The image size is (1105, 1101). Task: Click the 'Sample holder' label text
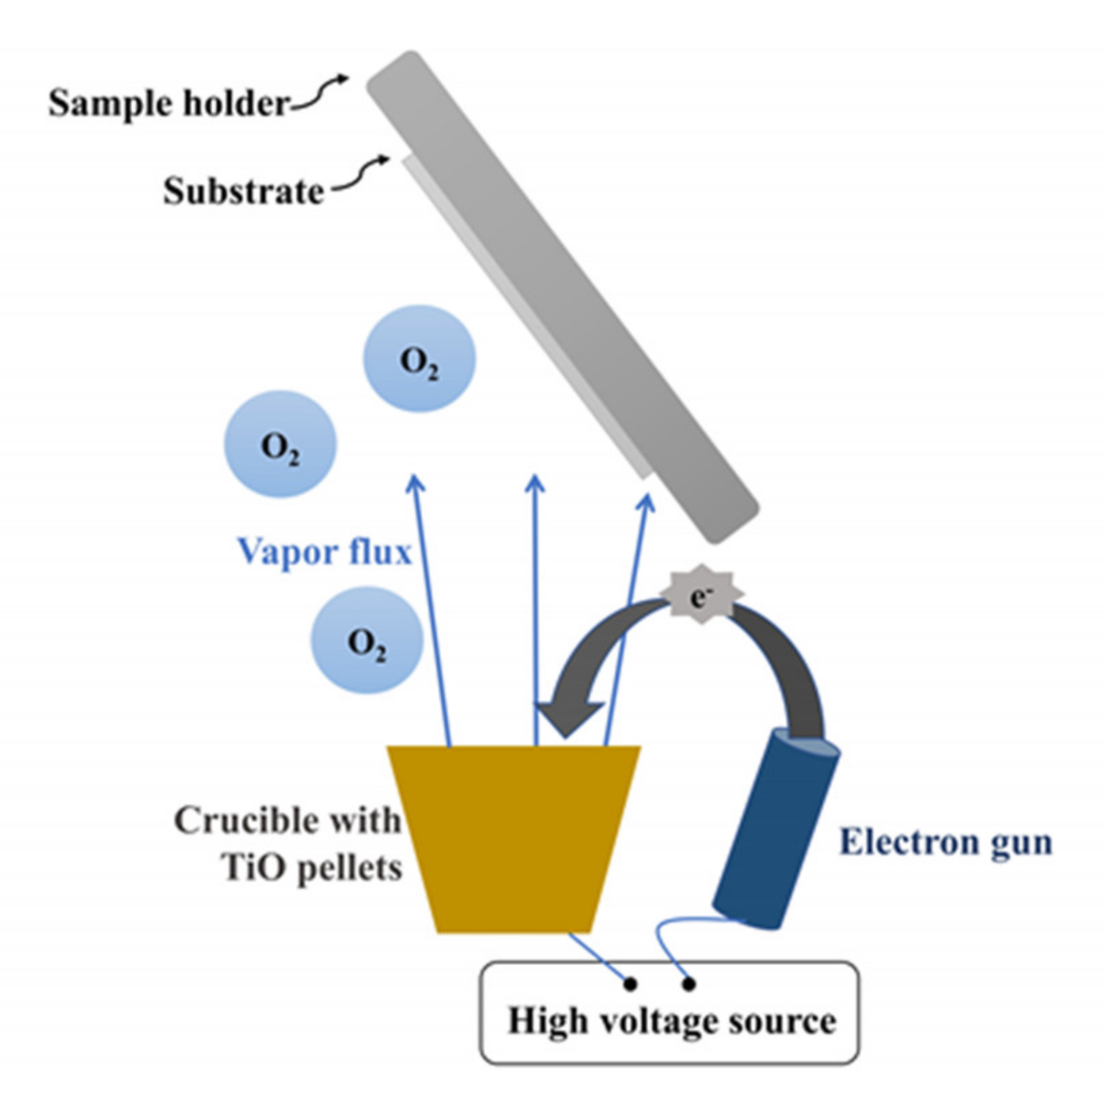[x=169, y=104]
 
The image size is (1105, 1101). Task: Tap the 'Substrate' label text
[x=243, y=191]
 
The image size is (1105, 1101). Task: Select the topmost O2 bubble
[x=419, y=359]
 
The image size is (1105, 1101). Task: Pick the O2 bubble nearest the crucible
[x=367, y=640]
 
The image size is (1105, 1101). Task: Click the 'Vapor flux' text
[x=324, y=551]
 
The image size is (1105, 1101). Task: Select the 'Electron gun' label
[x=945, y=842]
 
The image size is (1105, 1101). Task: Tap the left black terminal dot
[x=630, y=984]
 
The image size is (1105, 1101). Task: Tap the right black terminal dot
[x=688, y=984]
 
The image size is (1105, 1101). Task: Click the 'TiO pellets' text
[x=312, y=867]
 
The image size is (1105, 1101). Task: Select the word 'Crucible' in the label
[x=234, y=820]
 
